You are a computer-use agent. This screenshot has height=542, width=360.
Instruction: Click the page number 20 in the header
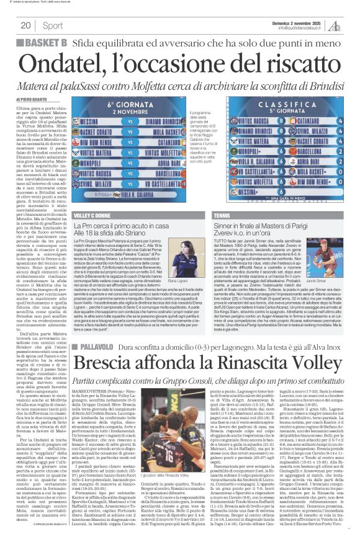[25, 25]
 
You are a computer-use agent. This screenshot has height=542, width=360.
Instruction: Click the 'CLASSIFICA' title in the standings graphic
[289, 114]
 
